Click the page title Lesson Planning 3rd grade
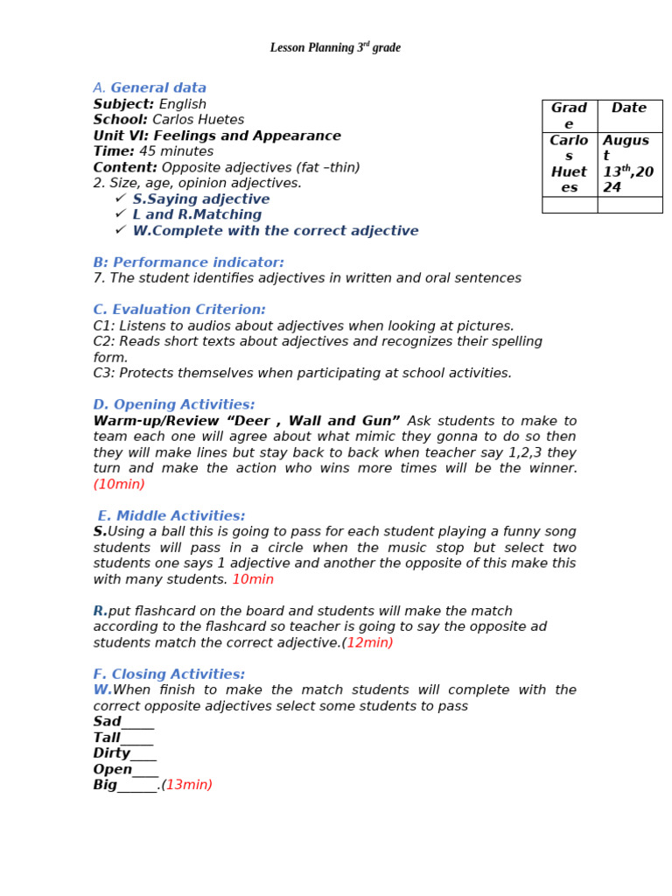pyautogui.click(x=335, y=48)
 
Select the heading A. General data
pyautogui.click(x=150, y=87)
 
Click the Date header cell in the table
pyautogui.click(x=629, y=108)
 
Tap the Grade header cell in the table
pyautogui.click(x=569, y=115)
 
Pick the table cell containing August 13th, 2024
pyautogui.click(x=628, y=164)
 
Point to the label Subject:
pyautogui.click(x=123, y=104)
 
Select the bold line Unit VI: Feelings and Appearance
pyautogui.click(x=217, y=136)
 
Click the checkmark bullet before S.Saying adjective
pyautogui.click(x=121, y=199)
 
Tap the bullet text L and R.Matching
pyautogui.click(x=197, y=214)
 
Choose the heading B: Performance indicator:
pyautogui.click(x=188, y=262)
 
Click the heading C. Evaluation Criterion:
pyautogui.click(x=179, y=310)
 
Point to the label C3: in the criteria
pyautogui.click(x=104, y=373)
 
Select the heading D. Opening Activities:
pyautogui.click(x=174, y=404)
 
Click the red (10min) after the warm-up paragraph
pyautogui.click(x=119, y=484)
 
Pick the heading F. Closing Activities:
pyautogui.click(x=169, y=674)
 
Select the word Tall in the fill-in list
pyautogui.click(x=107, y=738)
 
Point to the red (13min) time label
pyautogui.click(x=188, y=785)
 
